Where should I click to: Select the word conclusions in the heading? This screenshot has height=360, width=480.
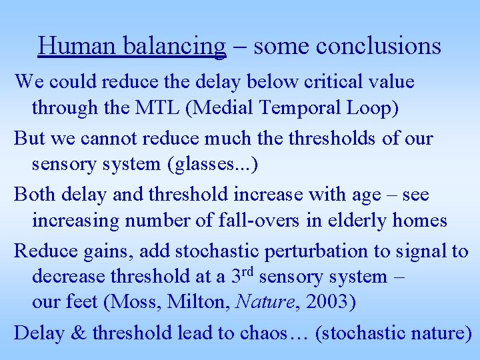point(378,46)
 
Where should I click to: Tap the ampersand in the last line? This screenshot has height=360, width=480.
point(78,332)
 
